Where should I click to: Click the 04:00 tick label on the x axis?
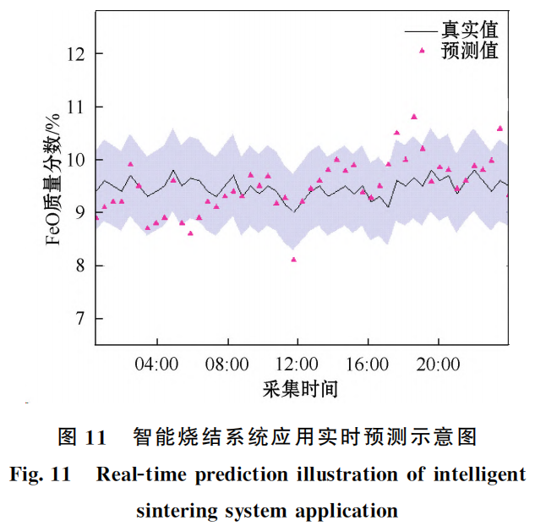tap(157, 364)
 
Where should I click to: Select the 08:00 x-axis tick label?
tap(227, 364)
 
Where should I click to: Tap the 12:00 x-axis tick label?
tap(298, 364)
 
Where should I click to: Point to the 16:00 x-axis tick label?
tap(368, 364)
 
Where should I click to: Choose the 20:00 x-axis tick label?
tap(438, 364)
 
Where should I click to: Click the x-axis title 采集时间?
tap(301, 390)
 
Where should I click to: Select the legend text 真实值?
tap(469, 30)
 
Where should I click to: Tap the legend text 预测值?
tap(469, 51)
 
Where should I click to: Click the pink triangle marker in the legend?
tap(423, 51)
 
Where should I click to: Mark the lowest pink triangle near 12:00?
tap(293, 259)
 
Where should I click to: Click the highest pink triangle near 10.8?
tap(414, 117)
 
